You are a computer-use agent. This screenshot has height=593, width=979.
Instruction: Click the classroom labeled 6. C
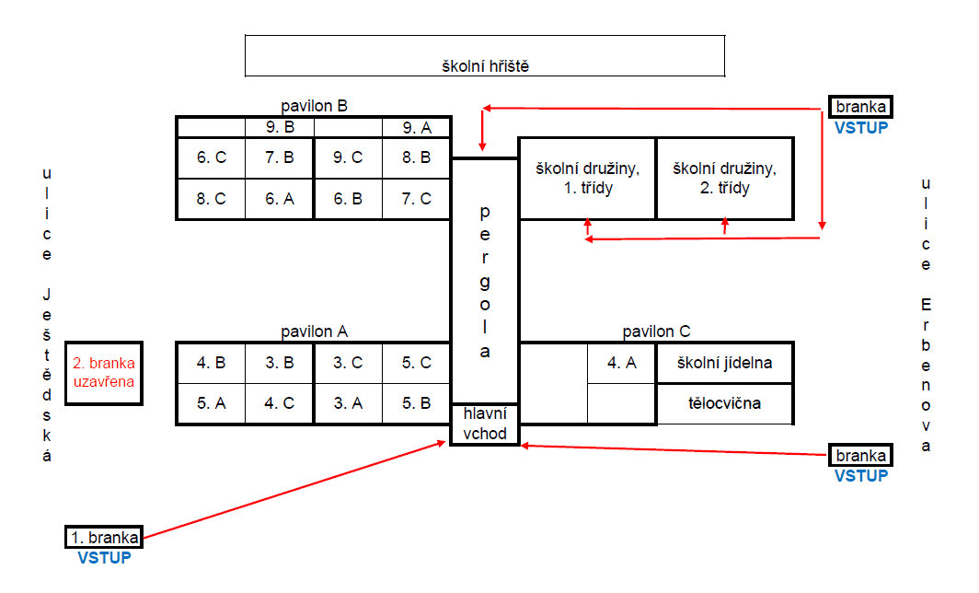(211, 158)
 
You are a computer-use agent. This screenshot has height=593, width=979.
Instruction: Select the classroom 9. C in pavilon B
(348, 158)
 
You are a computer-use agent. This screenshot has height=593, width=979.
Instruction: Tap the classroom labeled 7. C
(417, 199)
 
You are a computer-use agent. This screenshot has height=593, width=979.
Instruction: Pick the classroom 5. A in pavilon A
(211, 403)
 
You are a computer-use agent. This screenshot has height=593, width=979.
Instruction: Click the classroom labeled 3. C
(348, 363)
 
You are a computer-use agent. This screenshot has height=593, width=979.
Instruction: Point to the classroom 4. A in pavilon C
(622, 363)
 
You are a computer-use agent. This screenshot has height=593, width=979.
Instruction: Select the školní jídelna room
(724, 363)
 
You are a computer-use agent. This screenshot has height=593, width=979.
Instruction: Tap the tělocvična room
(724, 403)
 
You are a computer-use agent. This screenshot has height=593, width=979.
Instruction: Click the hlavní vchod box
(485, 424)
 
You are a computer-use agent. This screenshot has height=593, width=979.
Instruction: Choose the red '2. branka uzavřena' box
(104, 373)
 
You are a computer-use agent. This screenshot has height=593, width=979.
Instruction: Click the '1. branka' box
(104, 538)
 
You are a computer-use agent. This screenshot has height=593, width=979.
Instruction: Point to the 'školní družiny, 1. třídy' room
(588, 179)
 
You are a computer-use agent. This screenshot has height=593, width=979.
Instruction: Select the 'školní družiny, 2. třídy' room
(725, 179)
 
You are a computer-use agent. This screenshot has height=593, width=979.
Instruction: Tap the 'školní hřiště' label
(485, 66)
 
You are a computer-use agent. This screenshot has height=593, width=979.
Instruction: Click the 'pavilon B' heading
(314, 106)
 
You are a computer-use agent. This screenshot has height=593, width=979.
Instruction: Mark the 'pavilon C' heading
(656, 331)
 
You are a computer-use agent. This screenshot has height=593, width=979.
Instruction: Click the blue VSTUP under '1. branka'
(104, 558)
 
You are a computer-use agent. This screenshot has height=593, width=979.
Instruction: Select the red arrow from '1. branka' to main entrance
(294, 490)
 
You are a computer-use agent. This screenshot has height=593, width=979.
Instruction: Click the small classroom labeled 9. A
(417, 128)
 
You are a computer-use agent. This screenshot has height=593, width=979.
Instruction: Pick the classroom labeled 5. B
(417, 403)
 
